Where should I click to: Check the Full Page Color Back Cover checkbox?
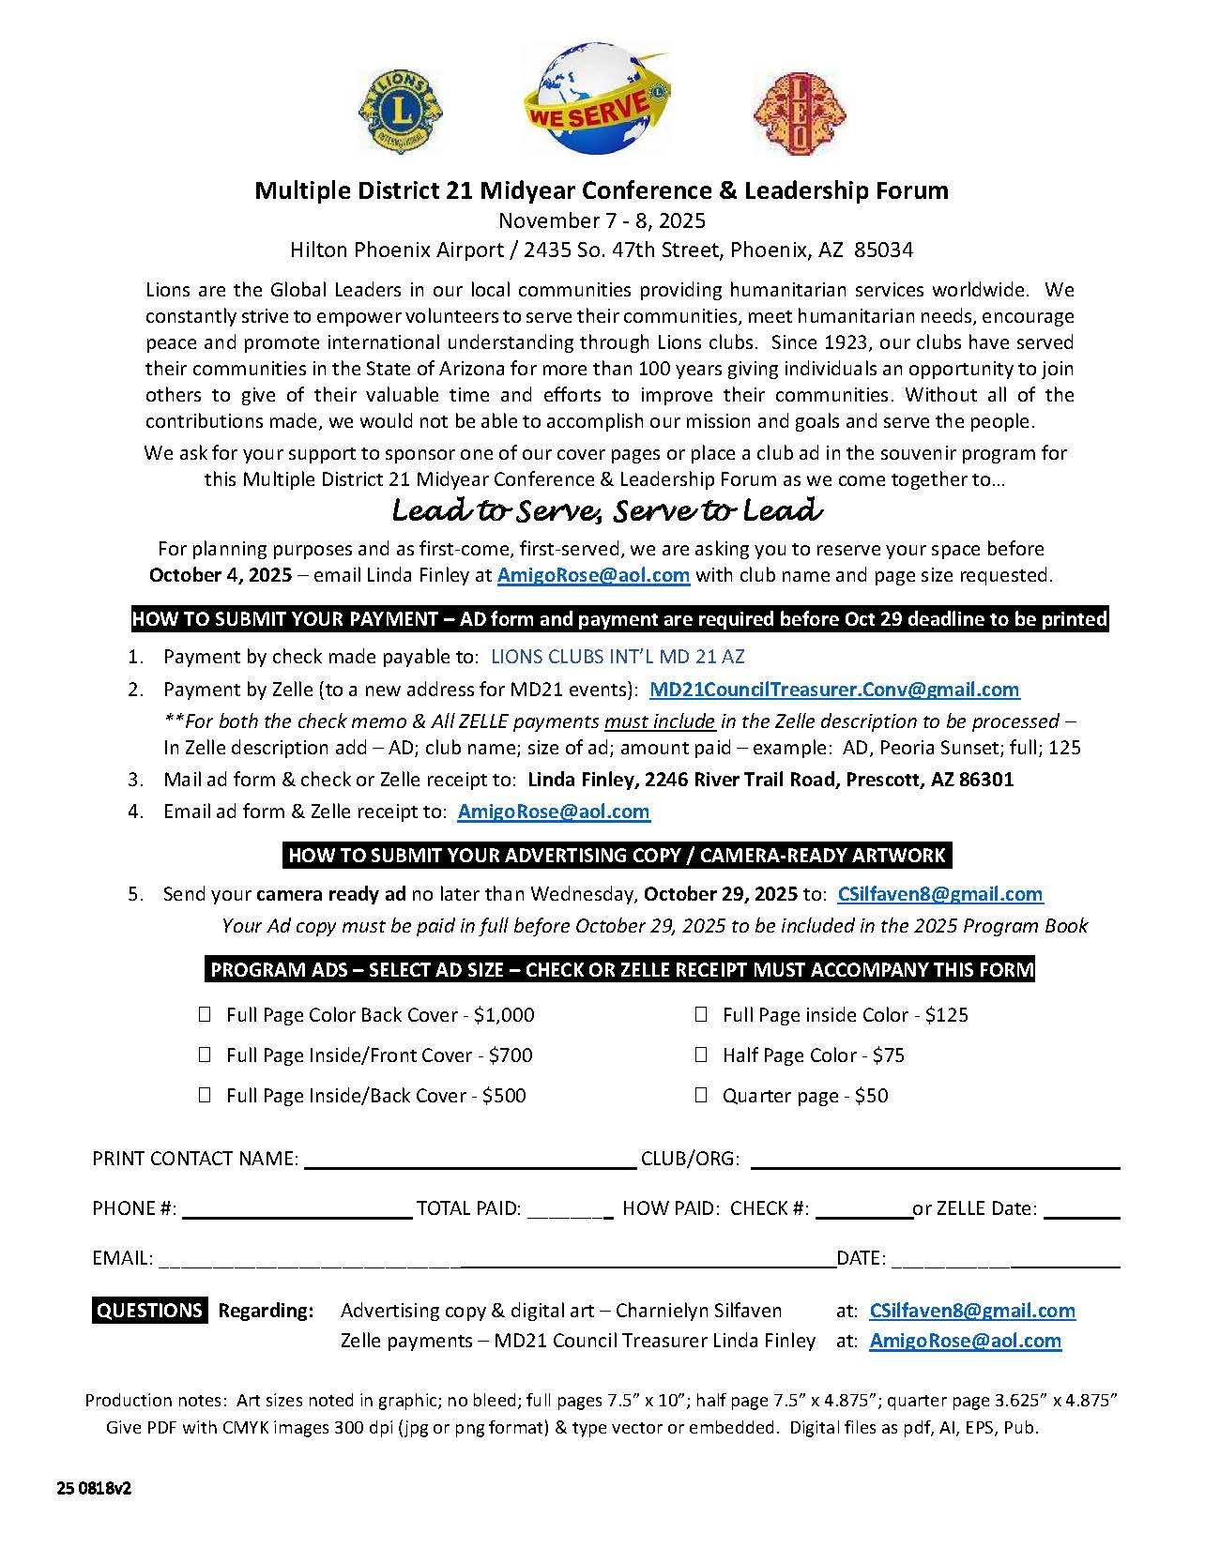pyautogui.click(x=205, y=1014)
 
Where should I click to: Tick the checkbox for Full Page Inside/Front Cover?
pyautogui.click(x=205, y=1055)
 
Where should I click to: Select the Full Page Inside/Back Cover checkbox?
pyautogui.click(x=205, y=1095)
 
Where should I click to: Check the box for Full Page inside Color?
pyautogui.click(x=701, y=1014)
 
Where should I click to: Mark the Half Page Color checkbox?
pyautogui.click(x=701, y=1055)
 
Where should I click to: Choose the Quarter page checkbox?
pyautogui.click(x=701, y=1095)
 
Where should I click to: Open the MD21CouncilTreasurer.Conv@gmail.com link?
pyautogui.click(x=834, y=690)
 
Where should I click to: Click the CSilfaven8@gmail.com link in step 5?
pyautogui.click(x=939, y=894)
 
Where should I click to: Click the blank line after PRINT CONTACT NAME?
pyautogui.click(x=470, y=1160)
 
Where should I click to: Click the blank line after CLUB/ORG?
pyautogui.click(x=935, y=1160)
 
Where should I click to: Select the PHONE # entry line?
pyautogui.click(x=297, y=1209)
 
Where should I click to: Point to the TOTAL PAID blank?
pyautogui.click(x=570, y=1209)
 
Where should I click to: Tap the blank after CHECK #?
pyautogui.click(x=863, y=1209)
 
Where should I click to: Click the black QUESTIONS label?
pyautogui.click(x=150, y=1311)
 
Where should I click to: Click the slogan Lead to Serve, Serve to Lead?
pyautogui.click(x=607, y=512)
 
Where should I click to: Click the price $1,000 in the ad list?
pyautogui.click(x=504, y=1015)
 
